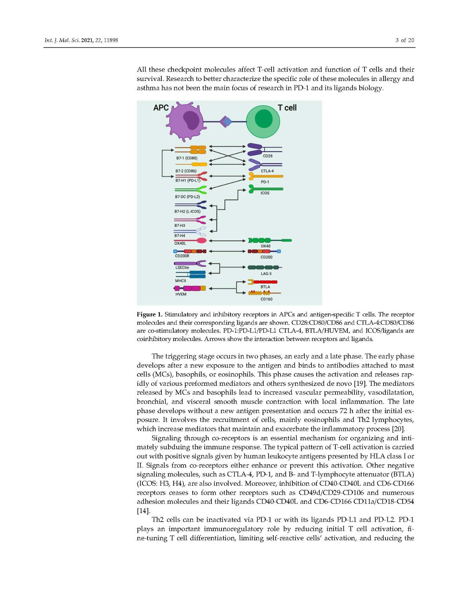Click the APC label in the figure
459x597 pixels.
pos(161,108)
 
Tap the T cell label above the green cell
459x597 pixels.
pos(287,108)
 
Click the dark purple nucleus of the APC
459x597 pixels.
pos(191,121)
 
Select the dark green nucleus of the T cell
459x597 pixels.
pos(264,119)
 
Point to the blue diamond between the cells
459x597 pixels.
pos(227,122)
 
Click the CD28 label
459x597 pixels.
pos(267,156)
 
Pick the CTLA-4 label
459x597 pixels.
pos(267,171)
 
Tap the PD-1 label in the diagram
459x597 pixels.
pos(265,182)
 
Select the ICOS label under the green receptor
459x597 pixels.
pos(265,193)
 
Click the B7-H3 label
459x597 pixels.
pos(180,226)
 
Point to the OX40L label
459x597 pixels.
pos(180,243)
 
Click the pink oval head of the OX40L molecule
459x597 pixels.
pos(201,241)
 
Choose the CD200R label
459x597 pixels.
pos(182,256)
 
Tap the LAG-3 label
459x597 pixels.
pos(266,274)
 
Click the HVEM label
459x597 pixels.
pos(181,294)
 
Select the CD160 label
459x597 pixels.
pos(266,299)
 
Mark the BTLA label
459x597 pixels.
pos(265,287)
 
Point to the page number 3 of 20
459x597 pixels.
pos(405,40)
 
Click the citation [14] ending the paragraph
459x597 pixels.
pos(143,511)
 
